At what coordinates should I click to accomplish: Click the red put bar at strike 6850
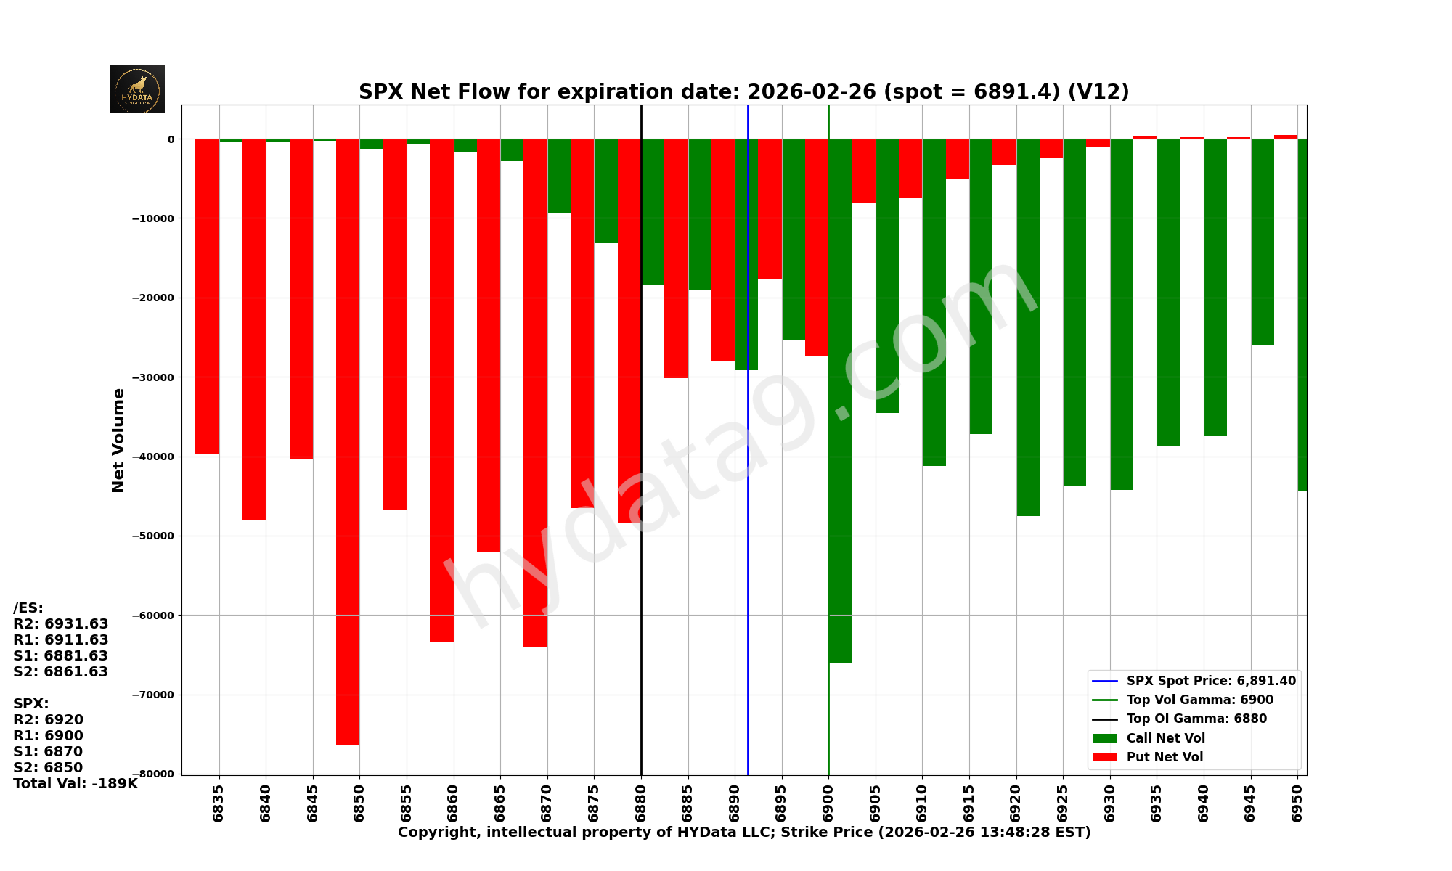[348, 441]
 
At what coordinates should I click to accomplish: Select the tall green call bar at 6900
[840, 400]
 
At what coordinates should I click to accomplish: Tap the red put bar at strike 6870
[535, 392]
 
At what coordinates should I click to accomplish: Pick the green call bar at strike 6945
[1263, 242]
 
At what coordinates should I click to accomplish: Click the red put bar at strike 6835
[207, 296]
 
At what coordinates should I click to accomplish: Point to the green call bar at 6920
[1028, 327]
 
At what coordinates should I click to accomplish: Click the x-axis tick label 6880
[641, 803]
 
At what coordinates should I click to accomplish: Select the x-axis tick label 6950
[1297, 803]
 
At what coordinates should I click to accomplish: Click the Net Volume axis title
[118, 440]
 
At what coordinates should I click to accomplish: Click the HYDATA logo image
[137, 89]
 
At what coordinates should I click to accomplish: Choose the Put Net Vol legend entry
[1165, 757]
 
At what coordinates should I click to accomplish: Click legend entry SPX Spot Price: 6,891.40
[1210, 682]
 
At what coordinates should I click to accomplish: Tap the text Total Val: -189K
[76, 784]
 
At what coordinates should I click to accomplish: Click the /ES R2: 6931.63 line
[61, 624]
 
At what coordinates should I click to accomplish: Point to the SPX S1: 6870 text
[48, 752]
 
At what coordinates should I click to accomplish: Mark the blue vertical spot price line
[748, 508]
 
